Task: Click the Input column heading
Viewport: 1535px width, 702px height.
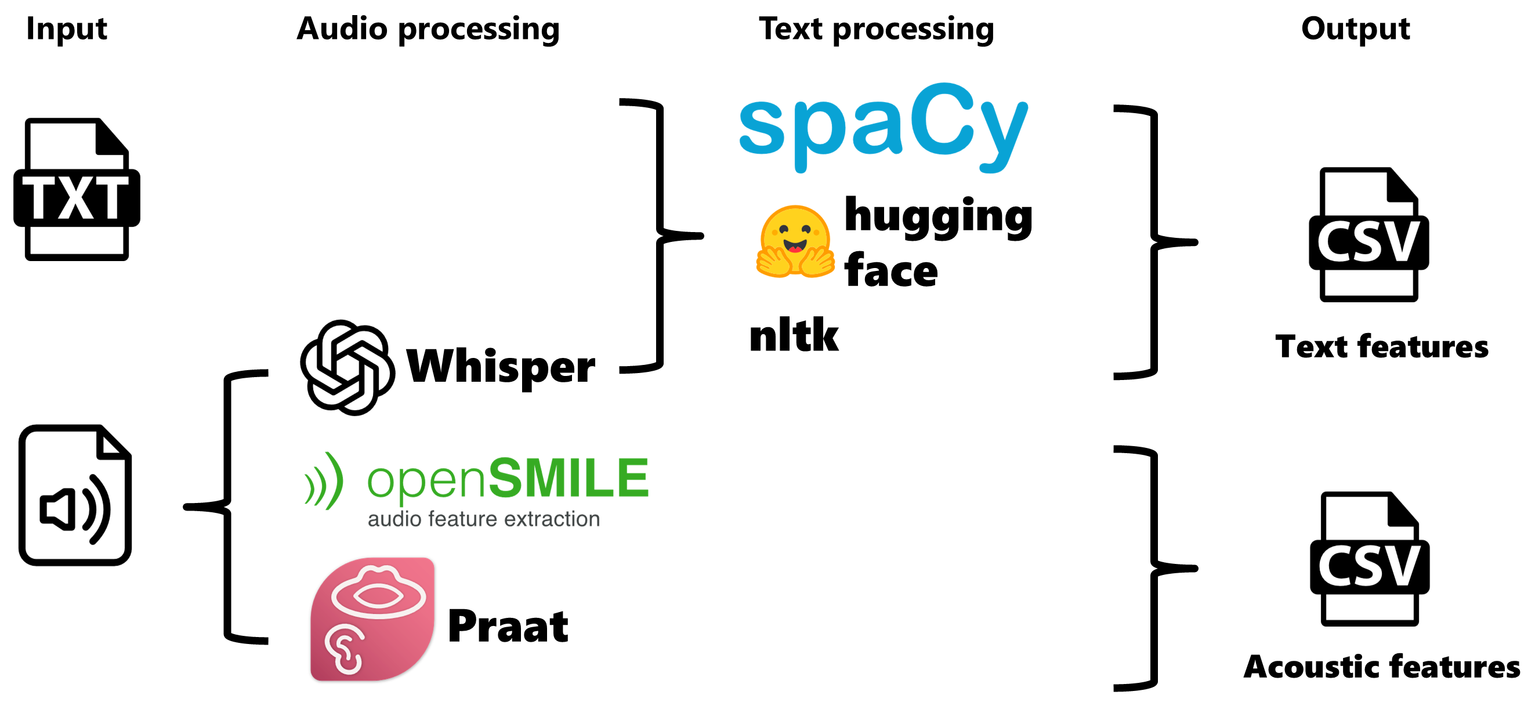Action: tap(67, 28)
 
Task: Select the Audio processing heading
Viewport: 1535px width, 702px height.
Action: tap(428, 28)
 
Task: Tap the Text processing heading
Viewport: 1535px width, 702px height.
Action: tap(876, 28)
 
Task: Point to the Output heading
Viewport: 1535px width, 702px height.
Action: tap(1355, 28)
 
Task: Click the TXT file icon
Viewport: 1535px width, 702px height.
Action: tap(76, 190)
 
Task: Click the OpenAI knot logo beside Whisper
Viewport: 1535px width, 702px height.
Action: tap(347, 367)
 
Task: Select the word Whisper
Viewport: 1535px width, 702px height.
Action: tap(501, 366)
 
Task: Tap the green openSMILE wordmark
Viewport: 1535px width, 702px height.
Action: tap(508, 478)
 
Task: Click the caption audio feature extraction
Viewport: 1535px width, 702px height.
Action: tap(483, 519)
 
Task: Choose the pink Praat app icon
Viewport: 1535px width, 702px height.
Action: tap(372, 618)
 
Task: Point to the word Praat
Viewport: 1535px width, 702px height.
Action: tap(508, 627)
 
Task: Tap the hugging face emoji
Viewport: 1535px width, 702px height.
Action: tap(794, 242)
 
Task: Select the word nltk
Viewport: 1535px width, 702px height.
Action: tap(794, 335)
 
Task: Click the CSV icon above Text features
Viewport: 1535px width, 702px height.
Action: tap(1368, 235)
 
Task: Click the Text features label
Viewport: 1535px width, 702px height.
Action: tap(1381, 347)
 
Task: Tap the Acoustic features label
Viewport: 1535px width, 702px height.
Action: tap(1381, 666)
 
